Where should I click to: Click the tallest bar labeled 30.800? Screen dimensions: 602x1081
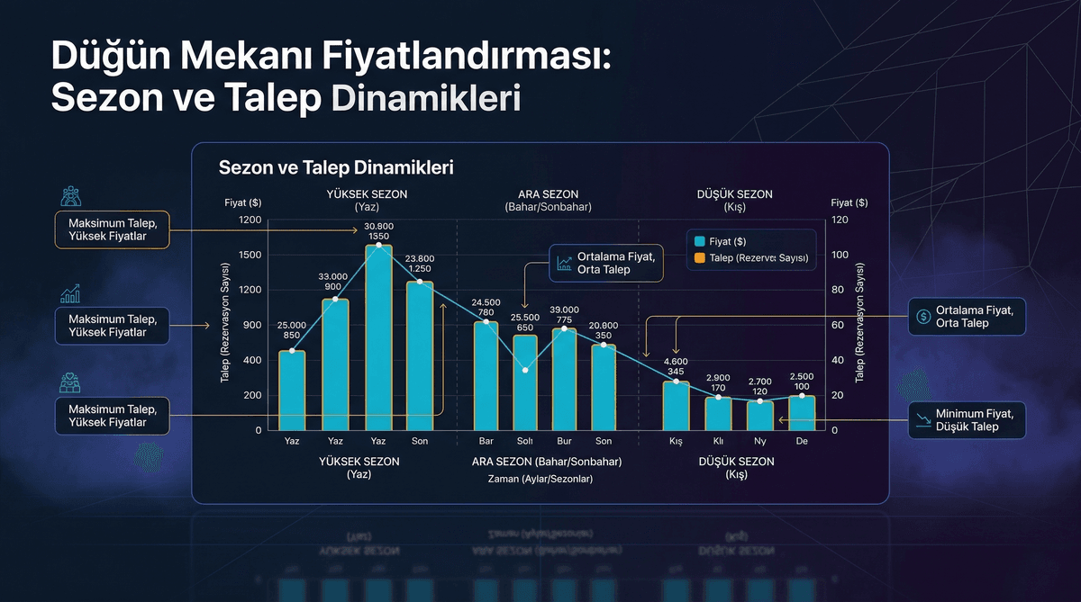point(378,337)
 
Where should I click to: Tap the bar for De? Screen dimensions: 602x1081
point(802,412)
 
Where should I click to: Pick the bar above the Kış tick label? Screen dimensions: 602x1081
point(677,406)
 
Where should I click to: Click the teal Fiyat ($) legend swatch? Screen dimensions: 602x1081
point(699,241)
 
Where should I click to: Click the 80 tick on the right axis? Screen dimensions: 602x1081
point(838,290)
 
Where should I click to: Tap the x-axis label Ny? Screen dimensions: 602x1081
point(759,442)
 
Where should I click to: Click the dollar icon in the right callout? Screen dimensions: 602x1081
point(923,316)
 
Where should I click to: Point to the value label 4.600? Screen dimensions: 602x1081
point(677,361)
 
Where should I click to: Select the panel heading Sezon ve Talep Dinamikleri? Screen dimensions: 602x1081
point(336,167)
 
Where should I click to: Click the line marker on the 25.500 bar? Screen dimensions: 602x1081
point(525,370)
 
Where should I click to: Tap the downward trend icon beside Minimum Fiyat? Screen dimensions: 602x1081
point(923,419)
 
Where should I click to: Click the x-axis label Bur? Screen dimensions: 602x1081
point(565,442)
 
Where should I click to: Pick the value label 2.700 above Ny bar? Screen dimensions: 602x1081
point(759,382)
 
